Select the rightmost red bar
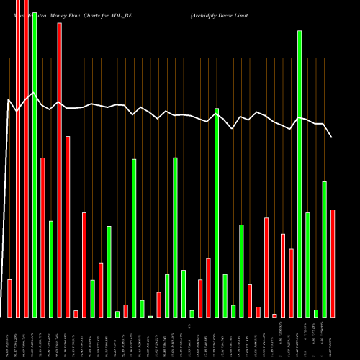(x=333, y=263)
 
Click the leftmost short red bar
(x=9, y=298)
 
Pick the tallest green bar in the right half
(x=300, y=174)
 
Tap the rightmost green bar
(x=324, y=249)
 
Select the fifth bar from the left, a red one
(x=42, y=238)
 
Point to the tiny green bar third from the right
(x=316, y=313)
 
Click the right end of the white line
(x=332, y=137)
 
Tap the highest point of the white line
(x=34, y=93)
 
